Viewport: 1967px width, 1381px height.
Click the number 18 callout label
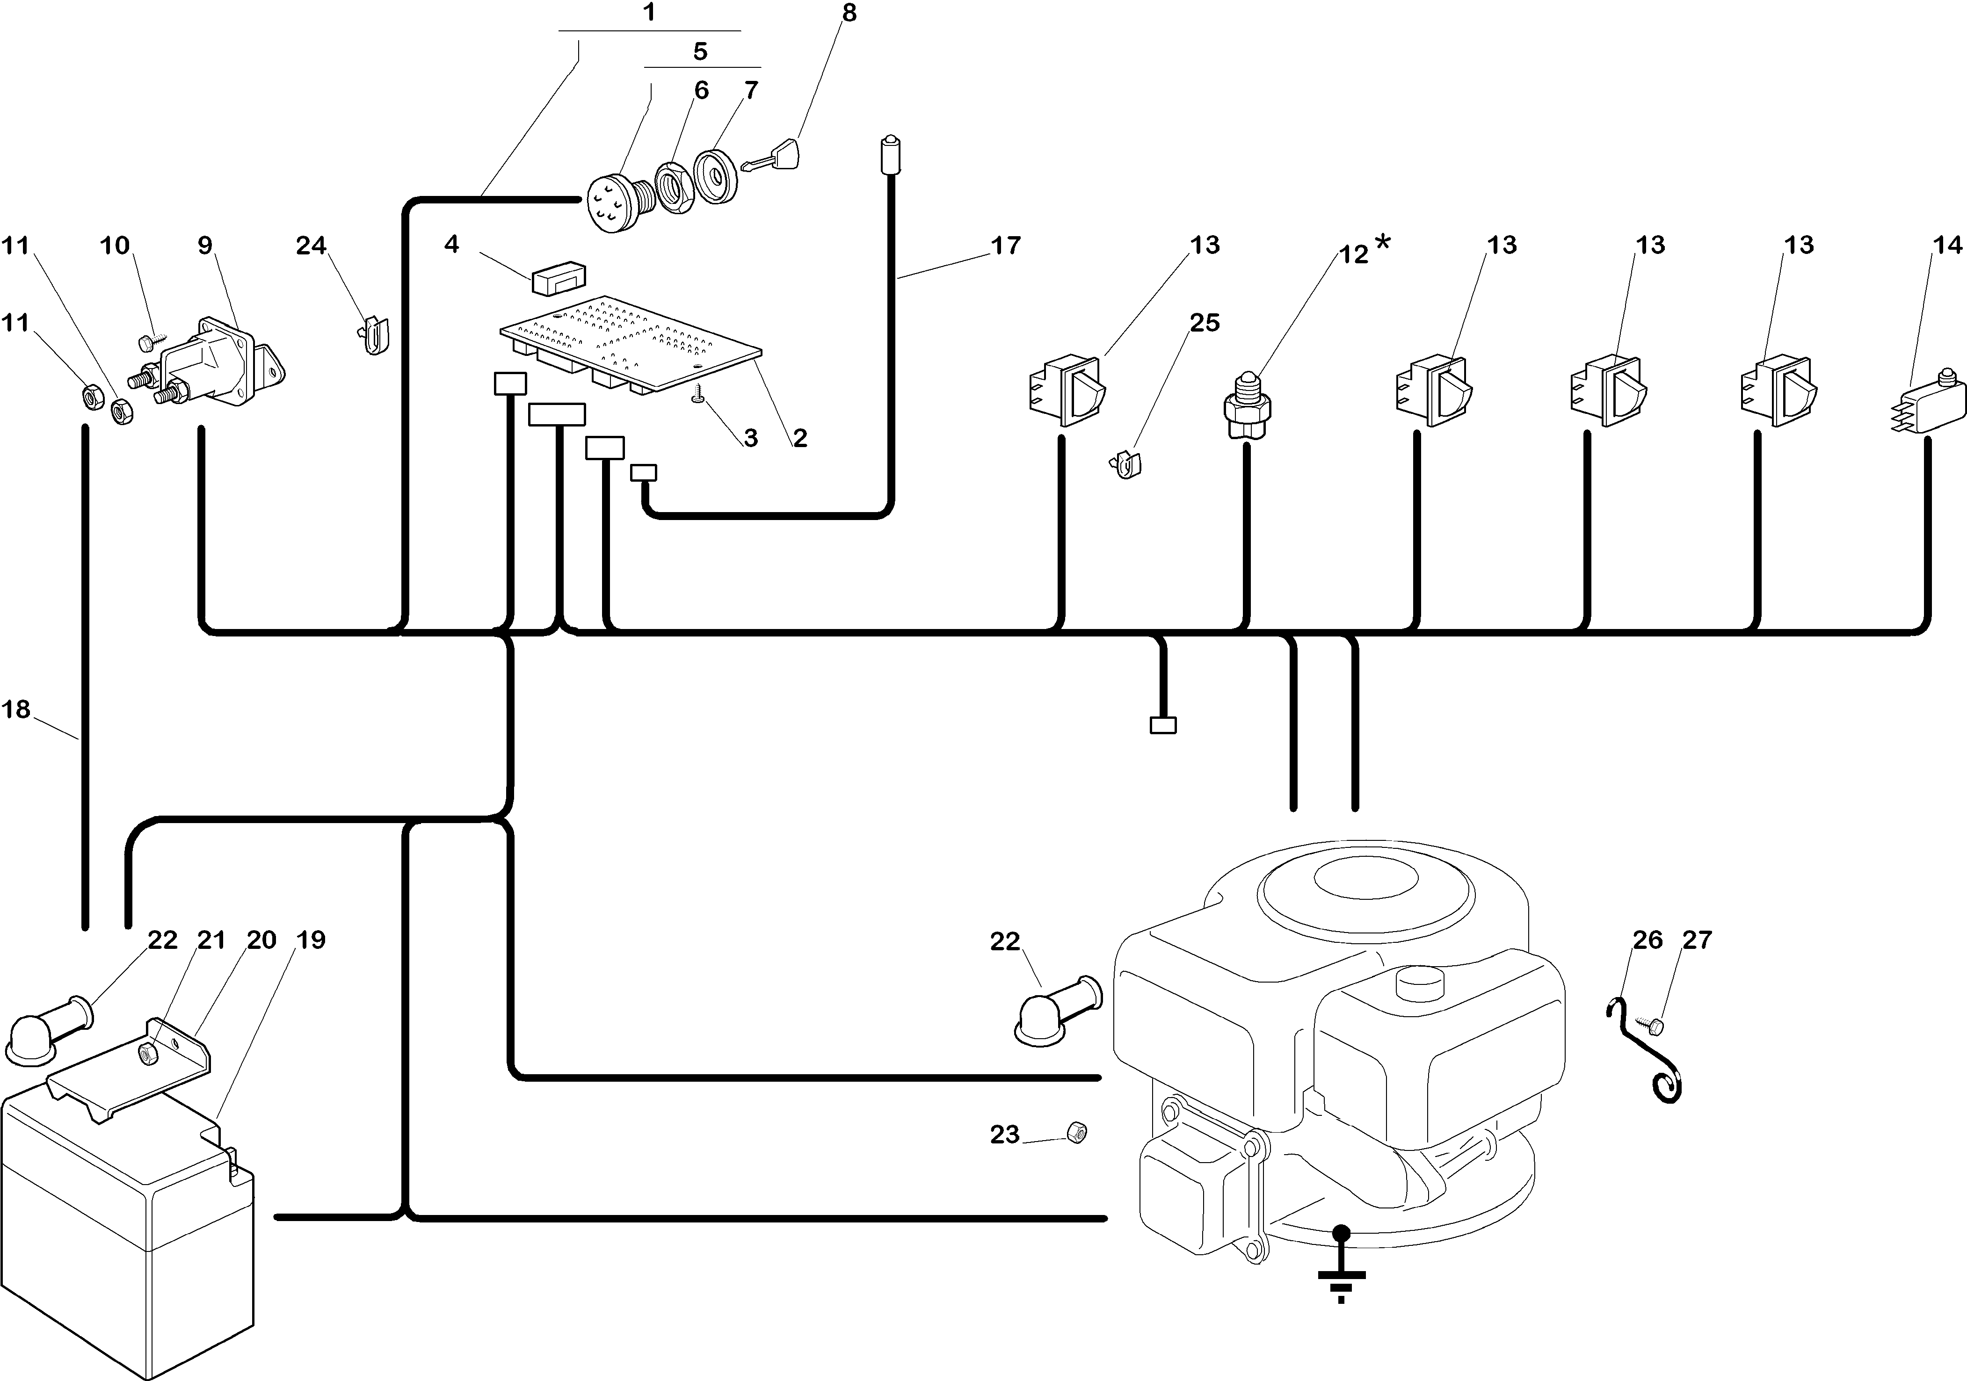pos(16,709)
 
